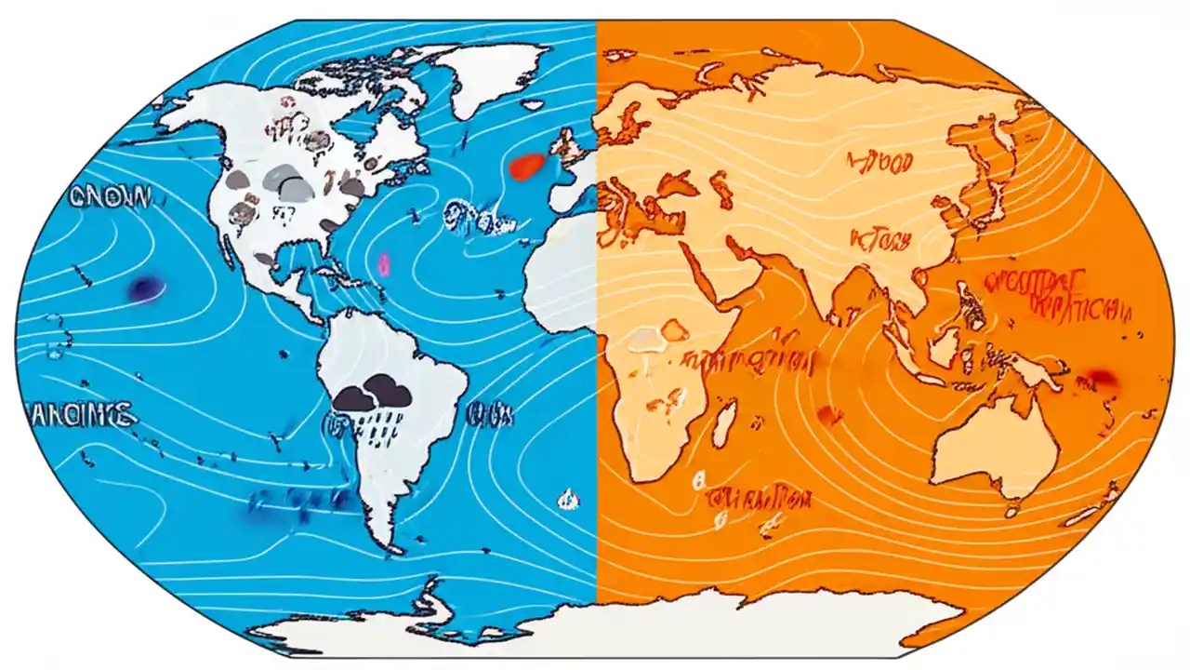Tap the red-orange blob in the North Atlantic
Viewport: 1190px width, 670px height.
pyautogui.click(x=526, y=166)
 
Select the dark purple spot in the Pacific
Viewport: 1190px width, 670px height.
pyautogui.click(x=147, y=288)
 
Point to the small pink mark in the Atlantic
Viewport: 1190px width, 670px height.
pyautogui.click(x=383, y=265)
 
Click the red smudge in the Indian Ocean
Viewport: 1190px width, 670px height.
pyautogui.click(x=826, y=415)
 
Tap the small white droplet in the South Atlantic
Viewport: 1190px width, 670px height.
pyautogui.click(x=565, y=501)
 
